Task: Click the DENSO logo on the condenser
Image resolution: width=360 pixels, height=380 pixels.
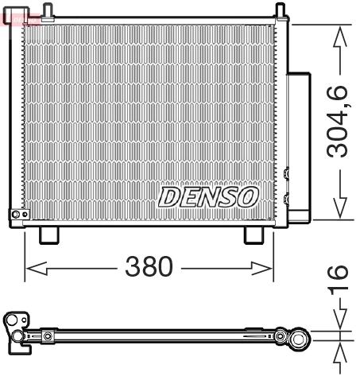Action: point(208,196)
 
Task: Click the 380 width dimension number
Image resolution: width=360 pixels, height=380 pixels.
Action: point(149,268)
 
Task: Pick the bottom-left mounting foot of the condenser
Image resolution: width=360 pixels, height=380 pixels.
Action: point(48,235)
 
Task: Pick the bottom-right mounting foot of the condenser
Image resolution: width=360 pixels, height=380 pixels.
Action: point(253,235)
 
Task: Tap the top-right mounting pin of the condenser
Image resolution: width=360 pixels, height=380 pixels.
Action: point(280,10)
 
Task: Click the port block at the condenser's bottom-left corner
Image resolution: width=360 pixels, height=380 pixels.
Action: point(19,215)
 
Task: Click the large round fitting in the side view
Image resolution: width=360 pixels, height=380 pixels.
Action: point(299,341)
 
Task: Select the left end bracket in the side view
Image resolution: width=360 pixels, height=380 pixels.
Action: point(15,332)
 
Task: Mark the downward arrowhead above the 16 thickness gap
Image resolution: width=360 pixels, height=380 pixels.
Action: point(340,323)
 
